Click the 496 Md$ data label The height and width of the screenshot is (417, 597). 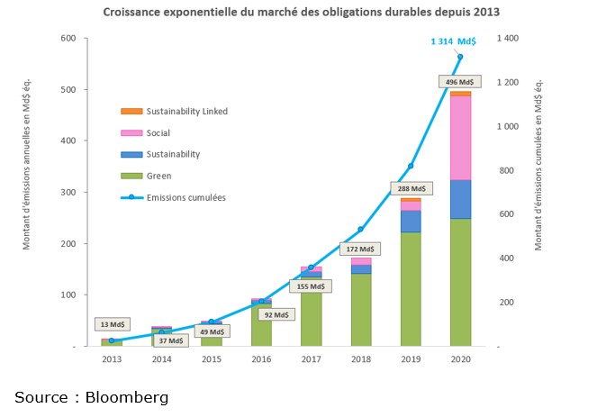[461, 81]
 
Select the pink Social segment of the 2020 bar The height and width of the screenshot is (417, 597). [461, 138]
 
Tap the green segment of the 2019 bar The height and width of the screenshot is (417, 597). [411, 288]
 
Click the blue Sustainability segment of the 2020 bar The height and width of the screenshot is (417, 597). [461, 199]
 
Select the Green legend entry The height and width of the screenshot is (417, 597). [158, 176]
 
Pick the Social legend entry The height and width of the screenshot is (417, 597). [158, 133]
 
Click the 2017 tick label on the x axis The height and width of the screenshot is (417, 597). [311, 358]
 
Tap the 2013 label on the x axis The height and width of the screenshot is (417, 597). [111, 358]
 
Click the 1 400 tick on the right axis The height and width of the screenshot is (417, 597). [510, 39]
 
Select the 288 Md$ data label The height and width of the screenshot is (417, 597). [411, 189]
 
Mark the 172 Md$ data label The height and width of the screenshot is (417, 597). [360, 249]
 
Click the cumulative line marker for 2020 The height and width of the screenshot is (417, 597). [461, 57]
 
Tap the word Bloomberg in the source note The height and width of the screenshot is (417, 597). [128, 397]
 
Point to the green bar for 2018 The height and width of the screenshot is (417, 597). [360, 309]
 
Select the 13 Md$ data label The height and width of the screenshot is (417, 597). [112, 324]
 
